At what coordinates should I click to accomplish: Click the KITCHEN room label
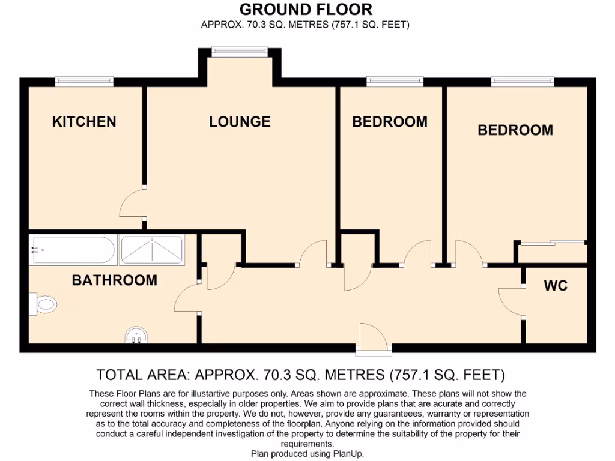84,122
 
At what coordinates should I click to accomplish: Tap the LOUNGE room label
240,122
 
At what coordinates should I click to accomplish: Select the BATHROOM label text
114,280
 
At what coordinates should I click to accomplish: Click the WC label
556,286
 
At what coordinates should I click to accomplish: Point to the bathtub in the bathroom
73,250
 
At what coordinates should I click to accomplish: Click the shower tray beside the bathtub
152,250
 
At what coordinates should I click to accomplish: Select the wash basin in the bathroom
137,336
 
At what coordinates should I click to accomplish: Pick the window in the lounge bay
240,52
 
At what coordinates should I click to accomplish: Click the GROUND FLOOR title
306,10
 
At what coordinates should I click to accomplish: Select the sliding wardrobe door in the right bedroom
551,243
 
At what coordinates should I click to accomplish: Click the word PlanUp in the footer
348,454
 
